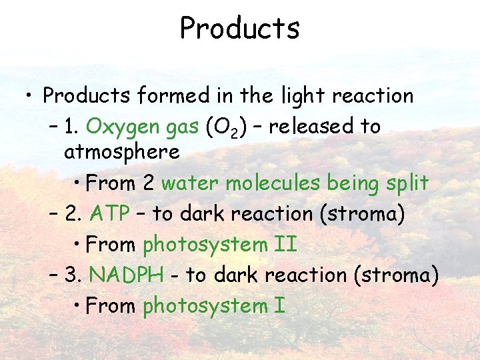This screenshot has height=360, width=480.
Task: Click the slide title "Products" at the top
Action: coord(239,28)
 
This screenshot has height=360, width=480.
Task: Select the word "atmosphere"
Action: coord(122,152)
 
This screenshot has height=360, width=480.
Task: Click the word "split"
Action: coord(408,183)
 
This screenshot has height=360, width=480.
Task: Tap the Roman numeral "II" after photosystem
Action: coord(285,244)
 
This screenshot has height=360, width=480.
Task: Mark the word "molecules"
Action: coord(269,183)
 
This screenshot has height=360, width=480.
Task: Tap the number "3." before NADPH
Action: coord(74,275)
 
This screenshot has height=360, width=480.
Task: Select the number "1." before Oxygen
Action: coord(74,127)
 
